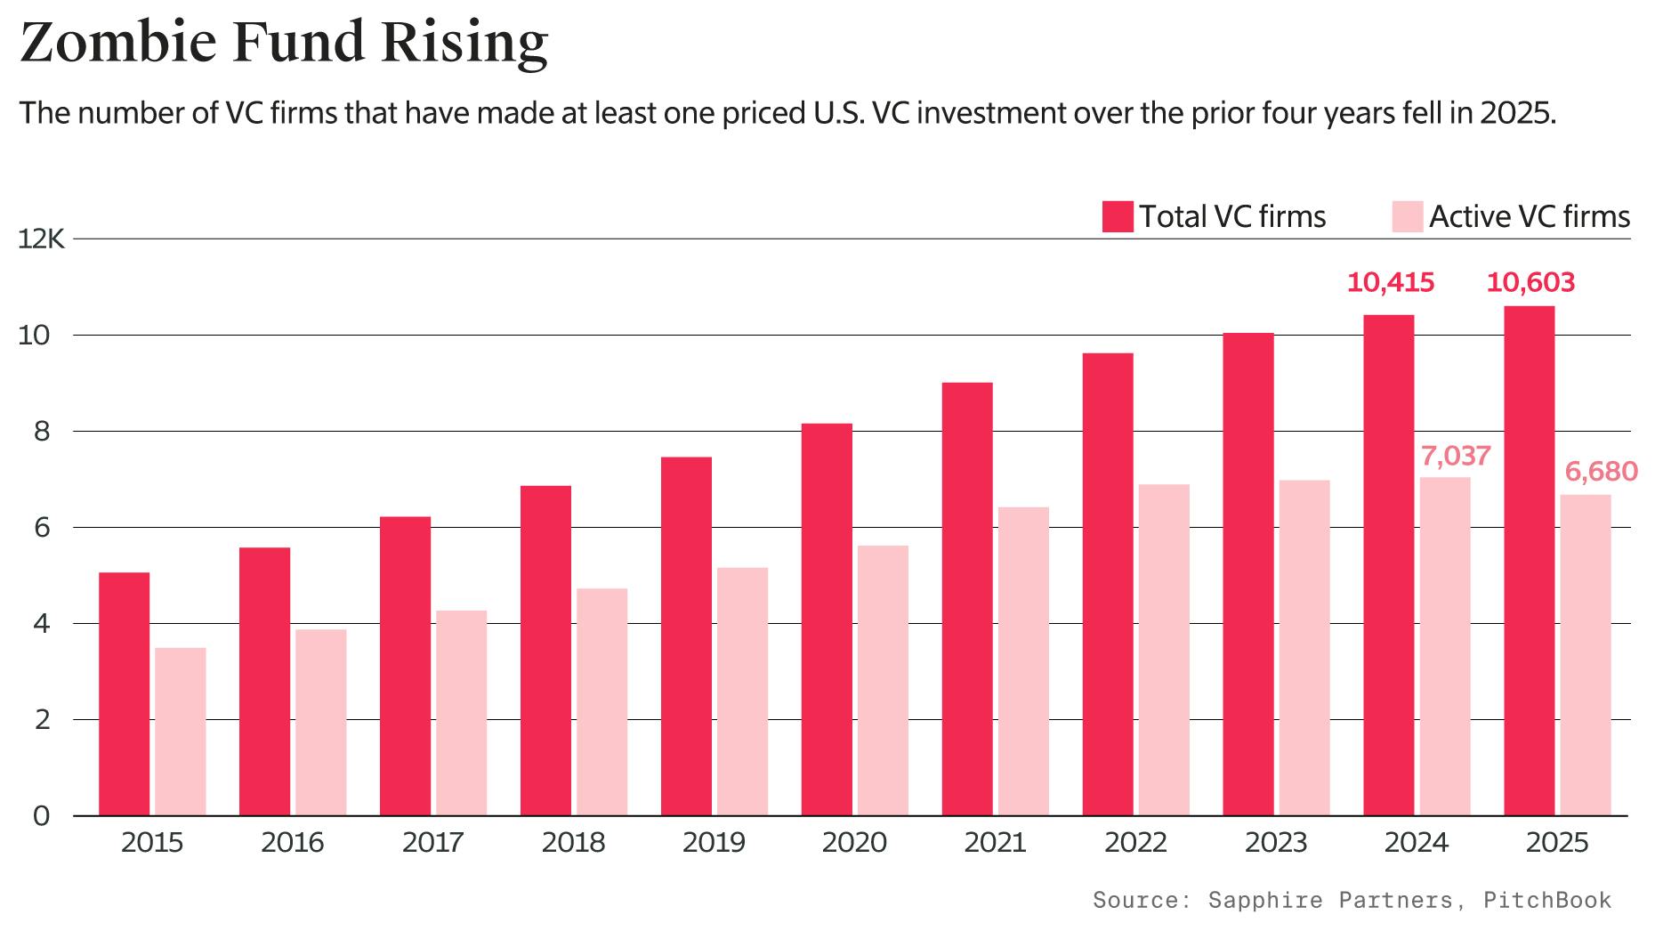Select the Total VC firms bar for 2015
124,694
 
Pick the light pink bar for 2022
1164,650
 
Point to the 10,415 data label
1390,283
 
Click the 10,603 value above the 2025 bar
1530,283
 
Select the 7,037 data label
1455,456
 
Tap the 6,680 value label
1601,471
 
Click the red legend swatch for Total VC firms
1117,216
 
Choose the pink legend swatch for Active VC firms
1408,216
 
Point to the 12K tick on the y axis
41,239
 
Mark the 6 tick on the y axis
41,528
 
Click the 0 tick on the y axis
41,815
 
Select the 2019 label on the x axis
714,842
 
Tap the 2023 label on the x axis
1276,842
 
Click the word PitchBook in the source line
1546,900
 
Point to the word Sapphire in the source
1264,900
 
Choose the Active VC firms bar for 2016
321,722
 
